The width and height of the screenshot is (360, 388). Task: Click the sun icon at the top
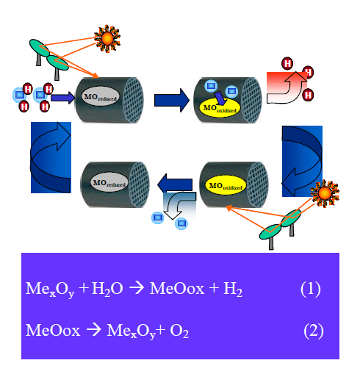(108, 36)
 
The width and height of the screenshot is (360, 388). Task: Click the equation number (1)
(310, 288)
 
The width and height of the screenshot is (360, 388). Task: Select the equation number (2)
(314, 330)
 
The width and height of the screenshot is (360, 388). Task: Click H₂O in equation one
(109, 290)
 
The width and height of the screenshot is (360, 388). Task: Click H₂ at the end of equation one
(232, 290)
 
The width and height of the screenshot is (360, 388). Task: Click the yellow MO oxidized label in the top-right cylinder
(217, 107)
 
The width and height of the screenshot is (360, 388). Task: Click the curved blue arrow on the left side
(51, 157)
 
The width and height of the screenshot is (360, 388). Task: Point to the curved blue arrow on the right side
(302, 161)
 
